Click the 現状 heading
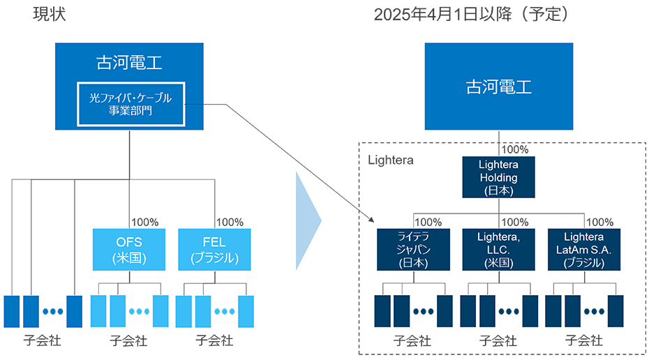50,15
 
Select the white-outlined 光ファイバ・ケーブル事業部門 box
130,104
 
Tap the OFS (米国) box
128,250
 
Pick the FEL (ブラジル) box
214,250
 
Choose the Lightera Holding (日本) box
498,177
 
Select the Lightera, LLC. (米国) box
498,250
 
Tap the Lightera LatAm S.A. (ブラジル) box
583,250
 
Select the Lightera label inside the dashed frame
391,160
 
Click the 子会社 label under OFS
129,341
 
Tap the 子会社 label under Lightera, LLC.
498,341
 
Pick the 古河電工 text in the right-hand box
498,87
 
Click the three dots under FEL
225,312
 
